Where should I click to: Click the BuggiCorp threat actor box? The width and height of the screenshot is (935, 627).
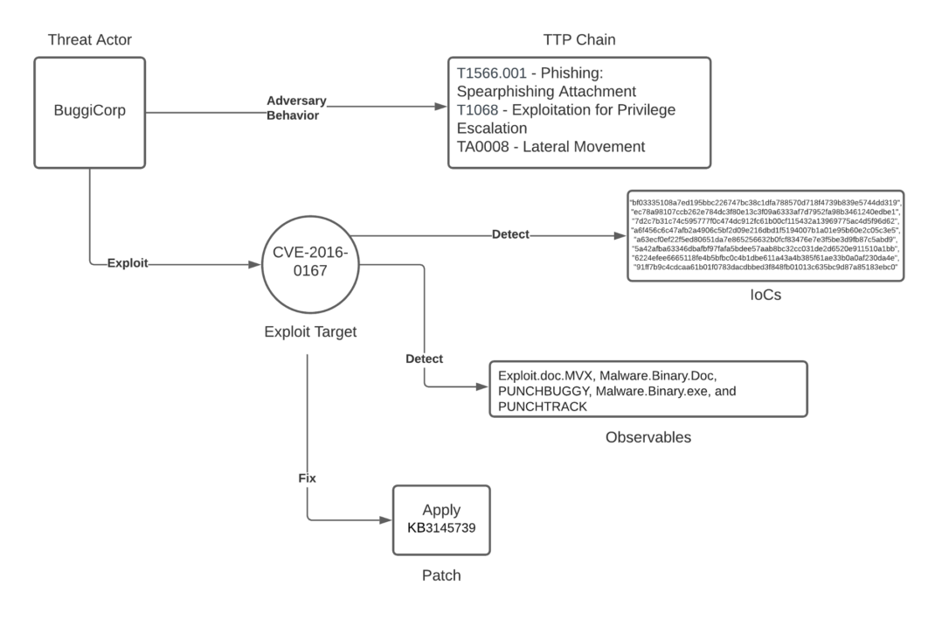point(90,113)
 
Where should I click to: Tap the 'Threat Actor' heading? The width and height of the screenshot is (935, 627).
point(90,39)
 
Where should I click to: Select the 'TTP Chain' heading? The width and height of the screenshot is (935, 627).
point(579,39)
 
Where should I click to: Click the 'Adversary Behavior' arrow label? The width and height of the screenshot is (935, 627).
point(296,108)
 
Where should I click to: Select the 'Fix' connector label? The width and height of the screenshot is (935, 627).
point(308,478)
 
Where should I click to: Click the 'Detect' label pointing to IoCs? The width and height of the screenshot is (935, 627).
point(510,234)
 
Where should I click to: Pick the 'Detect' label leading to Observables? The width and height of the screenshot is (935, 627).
point(425,359)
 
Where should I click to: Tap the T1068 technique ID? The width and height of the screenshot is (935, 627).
point(480,109)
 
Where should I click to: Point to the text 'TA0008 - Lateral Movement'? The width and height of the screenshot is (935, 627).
point(551,146)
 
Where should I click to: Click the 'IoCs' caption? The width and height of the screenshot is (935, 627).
point(765,296)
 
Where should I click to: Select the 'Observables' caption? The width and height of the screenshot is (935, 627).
point(648,436)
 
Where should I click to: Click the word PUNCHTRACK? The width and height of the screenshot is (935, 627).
point(539,407)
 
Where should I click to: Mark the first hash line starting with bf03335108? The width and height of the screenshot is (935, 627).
point(765,202)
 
